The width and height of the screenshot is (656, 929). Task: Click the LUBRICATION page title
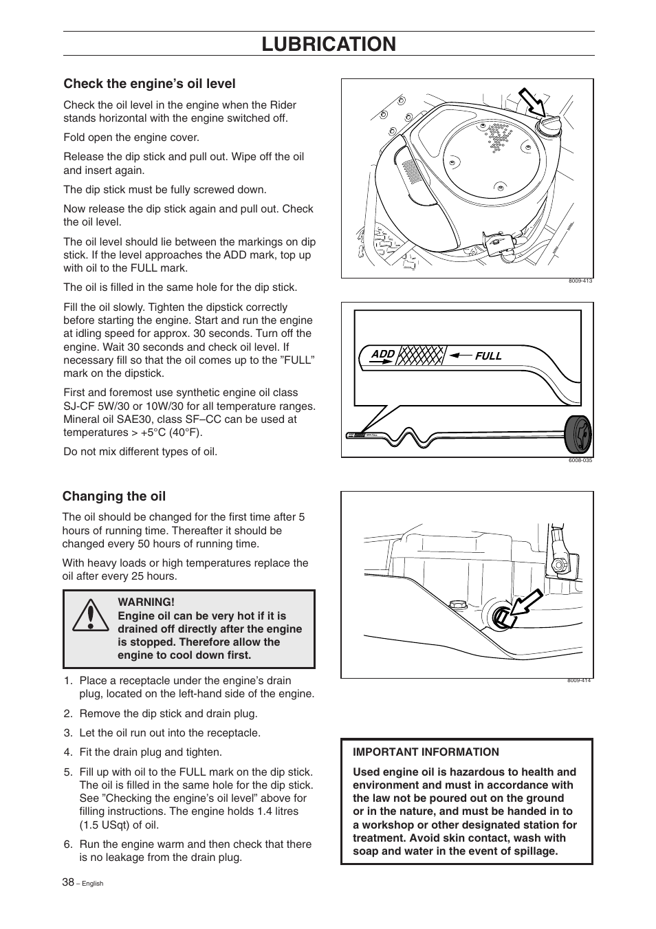click(329, 44)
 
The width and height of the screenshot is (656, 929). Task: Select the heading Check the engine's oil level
click(149, 84)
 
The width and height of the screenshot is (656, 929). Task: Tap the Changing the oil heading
click(114, 496)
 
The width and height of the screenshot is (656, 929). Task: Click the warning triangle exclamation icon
click(89, 616)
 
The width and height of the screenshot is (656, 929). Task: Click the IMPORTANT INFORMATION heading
click(426, 752)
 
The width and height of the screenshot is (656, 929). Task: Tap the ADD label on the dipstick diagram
click(383, 354)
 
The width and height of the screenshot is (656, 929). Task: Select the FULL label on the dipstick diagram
click(488, 356)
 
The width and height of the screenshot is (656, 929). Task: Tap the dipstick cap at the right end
click(578, 435)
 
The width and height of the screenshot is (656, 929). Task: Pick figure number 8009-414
click(579, 681)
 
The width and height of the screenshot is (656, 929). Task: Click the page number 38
click(67, 882)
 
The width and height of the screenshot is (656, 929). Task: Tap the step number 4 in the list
click(68, 752)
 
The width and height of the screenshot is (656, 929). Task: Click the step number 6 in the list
click(68, 844)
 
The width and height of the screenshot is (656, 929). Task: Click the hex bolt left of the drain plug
click(456, 605)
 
